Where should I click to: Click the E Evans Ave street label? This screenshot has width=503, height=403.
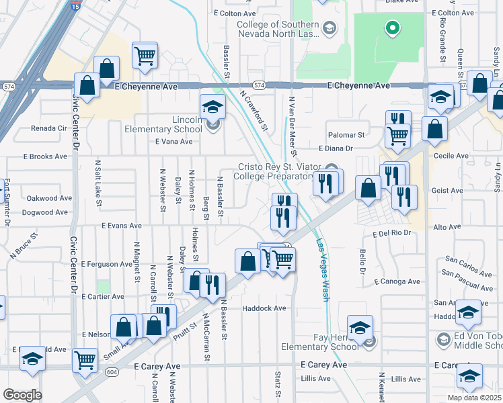[122, 226]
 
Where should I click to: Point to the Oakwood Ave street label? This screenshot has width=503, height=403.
[48, 198]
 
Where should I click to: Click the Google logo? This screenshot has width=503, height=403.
[22, 394]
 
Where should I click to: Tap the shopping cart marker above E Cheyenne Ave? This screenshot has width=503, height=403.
[145, 56]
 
